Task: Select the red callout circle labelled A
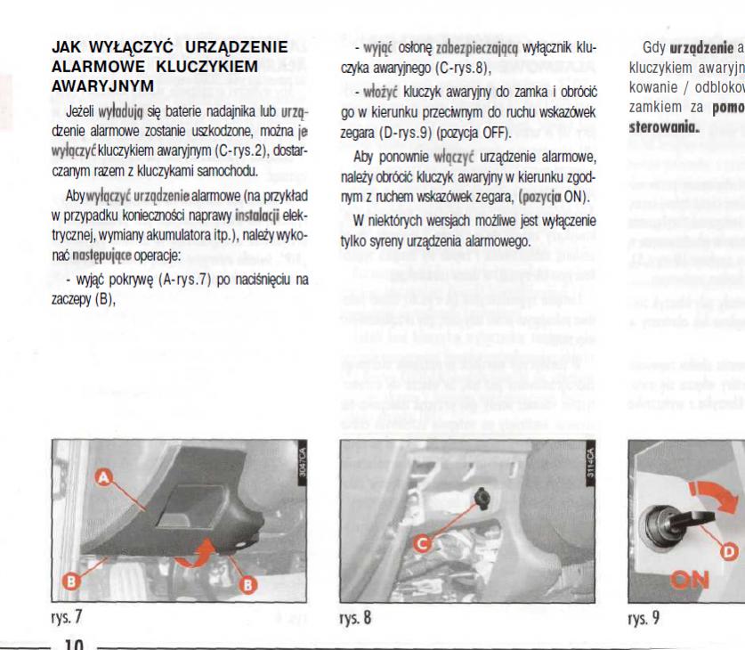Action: [x=103, y=479]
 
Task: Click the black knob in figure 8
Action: [x=482, y=492]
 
